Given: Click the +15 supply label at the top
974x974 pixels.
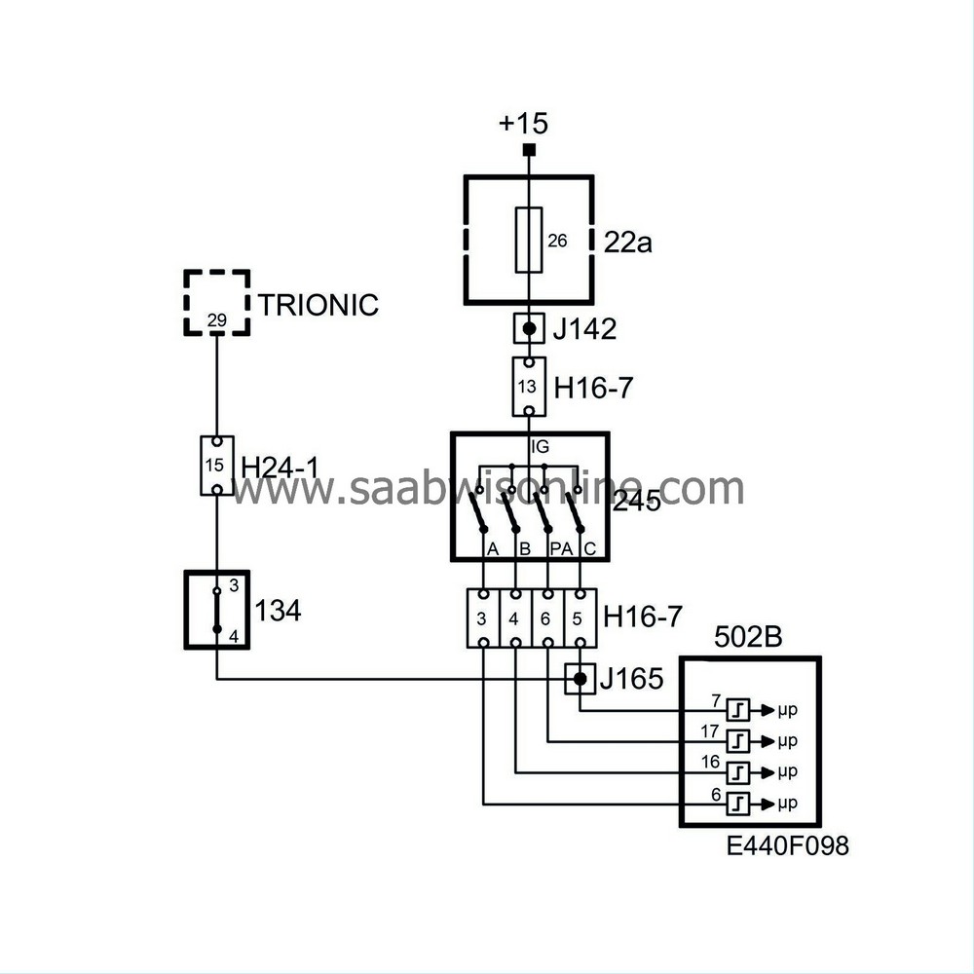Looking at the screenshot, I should (523, 125).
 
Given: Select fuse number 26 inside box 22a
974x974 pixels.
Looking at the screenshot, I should (529, 240).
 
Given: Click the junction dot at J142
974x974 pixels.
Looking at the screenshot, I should (529, 329).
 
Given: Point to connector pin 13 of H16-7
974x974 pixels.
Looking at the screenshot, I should (528, 387).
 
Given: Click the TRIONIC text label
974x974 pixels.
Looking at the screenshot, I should (318, 305).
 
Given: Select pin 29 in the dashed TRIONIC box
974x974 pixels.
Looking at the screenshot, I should (216, 320).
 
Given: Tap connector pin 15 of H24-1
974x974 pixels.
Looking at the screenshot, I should (216, 466).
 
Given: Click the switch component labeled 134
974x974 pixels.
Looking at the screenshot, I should (217, 610).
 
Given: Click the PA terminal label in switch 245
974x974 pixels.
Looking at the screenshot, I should (560, 550).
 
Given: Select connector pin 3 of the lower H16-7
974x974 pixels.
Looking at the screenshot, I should (482, 618).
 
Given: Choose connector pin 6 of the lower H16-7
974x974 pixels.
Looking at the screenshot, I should (547, 618).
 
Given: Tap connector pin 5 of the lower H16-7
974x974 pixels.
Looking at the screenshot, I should (580, 618).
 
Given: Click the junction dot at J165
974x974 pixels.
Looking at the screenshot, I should (580, 679).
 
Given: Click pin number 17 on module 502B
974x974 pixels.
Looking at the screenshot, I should (710, 730).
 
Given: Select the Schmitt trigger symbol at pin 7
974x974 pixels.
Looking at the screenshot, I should (740, 710).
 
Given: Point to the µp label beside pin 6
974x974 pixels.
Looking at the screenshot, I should (788, 804).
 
